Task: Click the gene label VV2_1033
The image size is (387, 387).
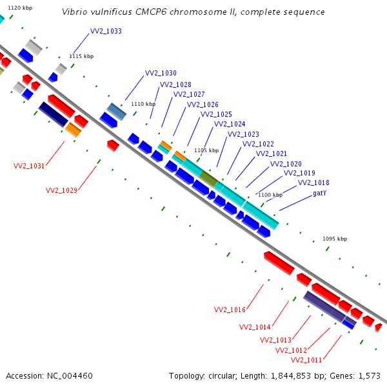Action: pyautogui.click(x=106, y=31)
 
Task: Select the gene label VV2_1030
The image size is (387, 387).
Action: pyautogui.click(x=161, y=73)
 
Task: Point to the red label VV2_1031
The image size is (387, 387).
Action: pyautogui.click(x=29, y=166)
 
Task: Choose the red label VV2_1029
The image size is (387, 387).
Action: pyautogui.click(x=61, y=190)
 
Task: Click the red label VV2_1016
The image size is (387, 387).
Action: pyautogui.click(x=230, y=310)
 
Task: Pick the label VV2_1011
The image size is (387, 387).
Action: pyautogui.click(x=306, y=360)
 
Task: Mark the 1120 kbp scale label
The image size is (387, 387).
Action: pyautogui.click(x=20, y=7)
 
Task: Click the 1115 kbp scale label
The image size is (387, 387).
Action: pyautogui.click(x=81, y=56)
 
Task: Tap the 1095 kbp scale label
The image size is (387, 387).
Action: pyautogui.click(x=335, y=239)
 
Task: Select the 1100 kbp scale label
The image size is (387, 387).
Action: pyautogui.click(x=270, y=195)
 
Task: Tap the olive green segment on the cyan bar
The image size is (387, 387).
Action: pyautogui.click(x=208, y=177)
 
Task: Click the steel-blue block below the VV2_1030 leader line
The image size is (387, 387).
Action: pyautogui.click(x=117, y=112)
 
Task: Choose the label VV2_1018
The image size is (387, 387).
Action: pyautogui.click(x=313, y=183)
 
